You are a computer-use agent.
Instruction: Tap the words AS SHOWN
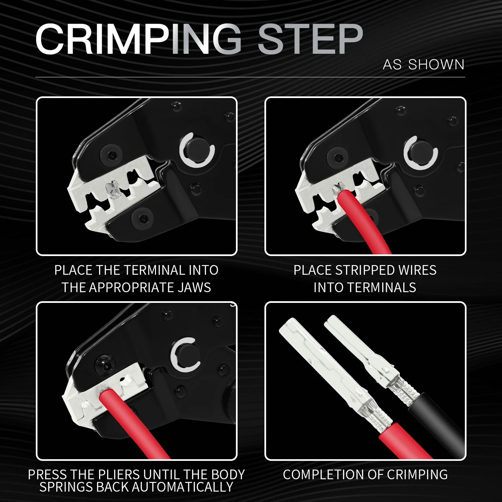point(423,64)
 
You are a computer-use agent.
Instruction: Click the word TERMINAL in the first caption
point(154,270)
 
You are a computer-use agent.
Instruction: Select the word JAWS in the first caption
point(195,287)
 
